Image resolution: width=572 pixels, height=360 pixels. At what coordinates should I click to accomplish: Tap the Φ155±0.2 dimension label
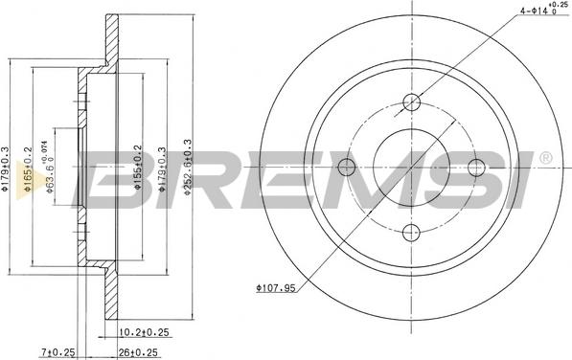[138, 168]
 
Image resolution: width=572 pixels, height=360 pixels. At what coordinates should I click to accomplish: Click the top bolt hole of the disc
[412, 102]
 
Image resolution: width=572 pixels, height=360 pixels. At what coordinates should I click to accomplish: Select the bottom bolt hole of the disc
[412, 232]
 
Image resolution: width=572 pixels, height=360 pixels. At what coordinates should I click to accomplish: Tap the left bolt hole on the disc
[348, 168]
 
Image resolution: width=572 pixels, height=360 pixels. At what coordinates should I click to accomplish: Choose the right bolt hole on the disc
[476, 168]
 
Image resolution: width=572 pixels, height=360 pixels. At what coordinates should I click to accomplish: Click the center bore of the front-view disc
[412, 168]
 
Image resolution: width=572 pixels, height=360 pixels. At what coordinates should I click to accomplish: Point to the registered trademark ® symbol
[546, 157]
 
